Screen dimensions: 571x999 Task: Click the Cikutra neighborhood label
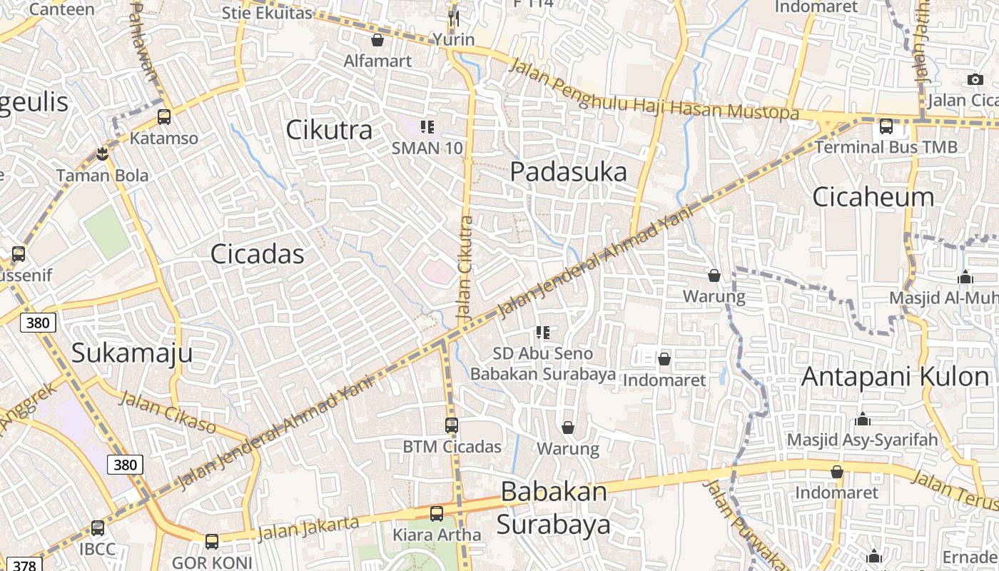pyautogui.click(x=329, y=130)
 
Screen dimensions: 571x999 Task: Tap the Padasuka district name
pyautogui.click(x=569, y=172)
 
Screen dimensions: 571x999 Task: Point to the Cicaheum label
pyautogui.click(x=873, y=196)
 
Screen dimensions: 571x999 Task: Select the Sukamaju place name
pyautogui.click(x=133, y=353)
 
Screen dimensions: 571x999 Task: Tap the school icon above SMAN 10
pyautogui.click(x=427, y=128)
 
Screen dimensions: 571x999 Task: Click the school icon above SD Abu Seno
pyautogui.click(x=542, y=333)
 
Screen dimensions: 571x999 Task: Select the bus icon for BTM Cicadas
pyautogui.click(x=452, y=425)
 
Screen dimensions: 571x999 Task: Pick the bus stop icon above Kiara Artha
pyautogui.click(x=437, y=513)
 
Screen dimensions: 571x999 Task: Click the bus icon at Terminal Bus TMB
pyautogui.click(x=886, y=126)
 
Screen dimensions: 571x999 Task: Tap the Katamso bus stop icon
pyautogui.click(x=164, y=117)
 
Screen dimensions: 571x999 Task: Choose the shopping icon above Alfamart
pyautogui.click(x=377, y=40)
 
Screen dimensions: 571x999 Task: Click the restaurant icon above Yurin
pyautogui.click(x=454, y=17)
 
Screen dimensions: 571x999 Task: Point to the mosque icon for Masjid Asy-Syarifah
pyautogui.click(x=862, y=419)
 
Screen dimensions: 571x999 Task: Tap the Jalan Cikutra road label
pyautogui.click(x=465, y=268)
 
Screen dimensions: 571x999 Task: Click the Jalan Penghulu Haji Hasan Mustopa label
pyautogui.click(x=654, y=91)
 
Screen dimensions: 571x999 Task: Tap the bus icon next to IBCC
pyautogui.click(x=98, y=528)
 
